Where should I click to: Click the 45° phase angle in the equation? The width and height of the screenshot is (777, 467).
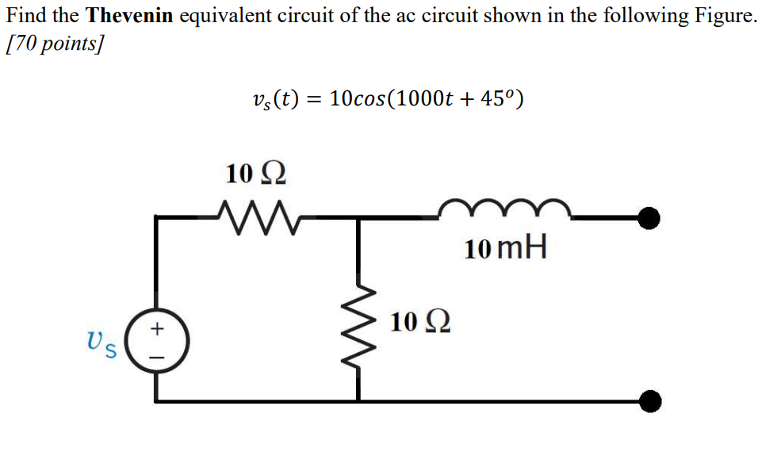(493, 100)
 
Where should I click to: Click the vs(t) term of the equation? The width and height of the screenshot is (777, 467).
(274, 100)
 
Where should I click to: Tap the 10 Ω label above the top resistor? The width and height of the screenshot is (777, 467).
(255, 173)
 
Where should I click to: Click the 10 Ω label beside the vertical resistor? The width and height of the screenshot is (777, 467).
(421, 323)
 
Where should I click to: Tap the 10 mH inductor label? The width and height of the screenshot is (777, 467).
(506, 250)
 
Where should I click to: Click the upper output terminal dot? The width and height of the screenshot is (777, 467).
(650, 217)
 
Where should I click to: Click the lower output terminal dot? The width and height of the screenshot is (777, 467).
(650, 402)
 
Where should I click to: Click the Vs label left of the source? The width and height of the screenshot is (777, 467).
(104, 344)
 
